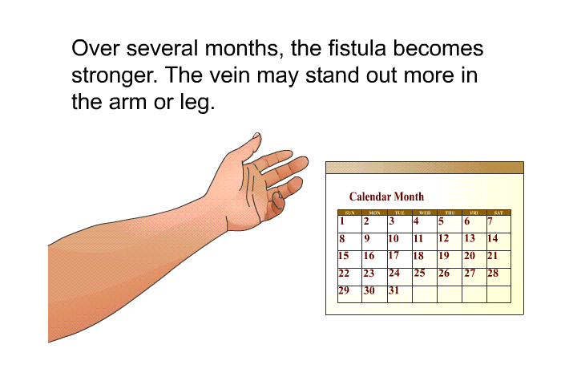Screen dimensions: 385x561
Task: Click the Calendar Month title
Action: tap(386, 197)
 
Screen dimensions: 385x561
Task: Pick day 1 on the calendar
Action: tap(342, 221)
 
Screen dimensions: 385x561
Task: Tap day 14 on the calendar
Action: tap(493, 238)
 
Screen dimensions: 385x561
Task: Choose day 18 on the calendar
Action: tap(418, 256)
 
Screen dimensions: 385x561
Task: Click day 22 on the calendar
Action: tap(344, 274)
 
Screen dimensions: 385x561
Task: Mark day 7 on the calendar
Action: tap(490, 221)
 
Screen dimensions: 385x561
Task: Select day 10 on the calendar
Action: tap(394, 238)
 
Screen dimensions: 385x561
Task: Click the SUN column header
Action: tap(349, 213)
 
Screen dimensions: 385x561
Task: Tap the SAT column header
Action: tap(498, 213)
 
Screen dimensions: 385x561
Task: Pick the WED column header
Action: tap(424, 213)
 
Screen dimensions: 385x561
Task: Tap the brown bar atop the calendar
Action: tap(424, 168)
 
